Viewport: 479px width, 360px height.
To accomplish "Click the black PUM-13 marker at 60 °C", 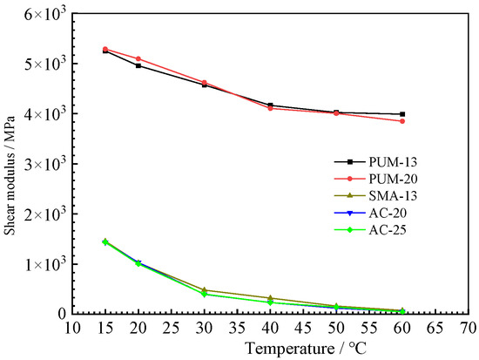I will [401, 114].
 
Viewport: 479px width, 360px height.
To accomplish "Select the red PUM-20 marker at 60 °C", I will [401, 121].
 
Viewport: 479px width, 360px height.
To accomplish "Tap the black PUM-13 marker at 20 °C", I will [138, 65].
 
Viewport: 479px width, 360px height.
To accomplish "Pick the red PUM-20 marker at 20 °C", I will [138, 58].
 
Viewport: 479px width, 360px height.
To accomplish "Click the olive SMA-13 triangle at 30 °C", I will [205, 290].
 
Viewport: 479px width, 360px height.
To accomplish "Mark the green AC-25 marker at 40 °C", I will [270, 302].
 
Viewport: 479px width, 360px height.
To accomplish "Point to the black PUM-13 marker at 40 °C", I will [270, 105].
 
